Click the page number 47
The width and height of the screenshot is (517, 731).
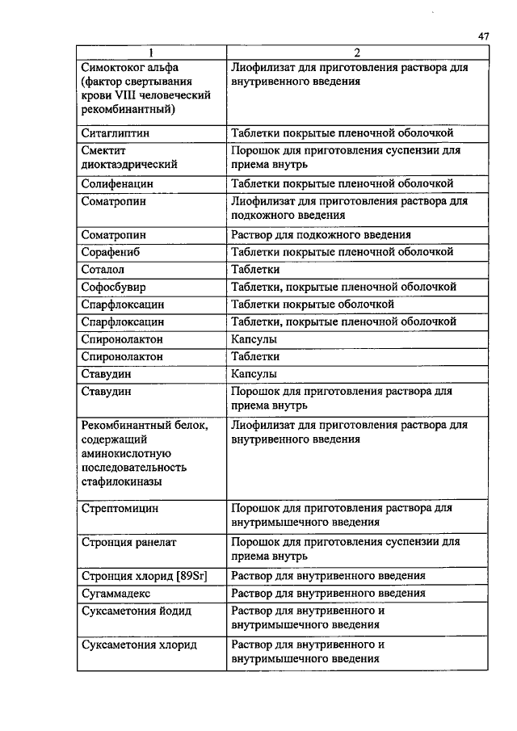click(484, 36)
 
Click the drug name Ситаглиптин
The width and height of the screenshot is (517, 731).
click(116, 132)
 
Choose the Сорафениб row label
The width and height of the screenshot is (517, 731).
click(113, 252)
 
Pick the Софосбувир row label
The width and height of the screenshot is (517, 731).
click(114, 287)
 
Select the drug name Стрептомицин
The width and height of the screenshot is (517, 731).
click(120, 509)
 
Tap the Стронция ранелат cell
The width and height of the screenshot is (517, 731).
click(128, 543)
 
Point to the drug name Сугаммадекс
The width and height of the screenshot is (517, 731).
click(117, 594)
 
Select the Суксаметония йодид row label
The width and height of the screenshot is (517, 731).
click(137, 611)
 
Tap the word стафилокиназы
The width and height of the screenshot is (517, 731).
click(121, 482)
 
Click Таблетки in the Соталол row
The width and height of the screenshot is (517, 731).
click(255, 269)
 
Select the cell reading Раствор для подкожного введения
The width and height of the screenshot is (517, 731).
click(321, 235)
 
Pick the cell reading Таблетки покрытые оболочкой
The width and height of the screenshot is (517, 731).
click(313, 305)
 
